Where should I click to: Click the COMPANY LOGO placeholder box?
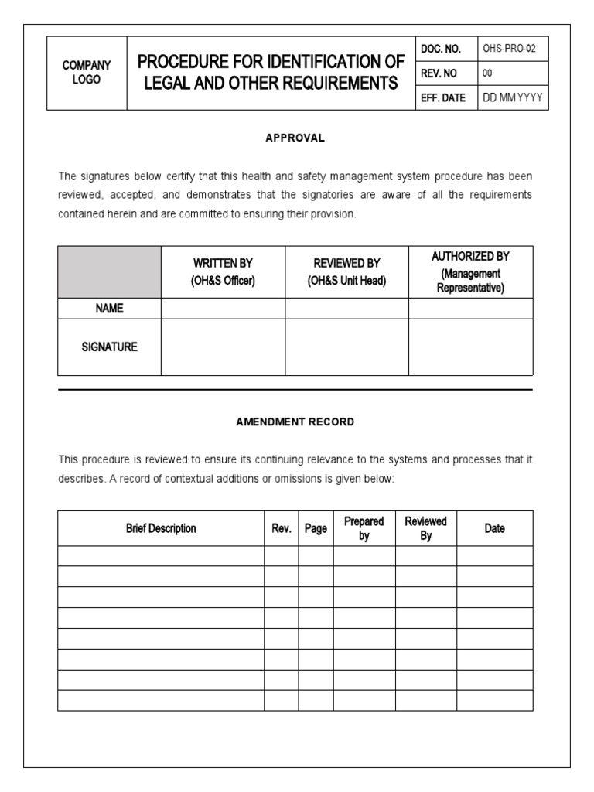coord(87,73)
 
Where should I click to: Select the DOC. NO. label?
coord(441,49)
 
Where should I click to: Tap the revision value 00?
coord(487,73)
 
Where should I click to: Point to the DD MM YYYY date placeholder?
coord(512,97)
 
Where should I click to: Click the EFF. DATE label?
coord(443,97)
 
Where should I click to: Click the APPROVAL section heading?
coord(295,138)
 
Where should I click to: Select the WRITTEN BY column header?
coord(223,272)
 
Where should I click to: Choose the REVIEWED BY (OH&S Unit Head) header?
coord(346,272)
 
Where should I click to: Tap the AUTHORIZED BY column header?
coord(470,272)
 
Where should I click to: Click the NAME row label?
coord(109,308)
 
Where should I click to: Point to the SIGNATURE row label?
coord(109,347)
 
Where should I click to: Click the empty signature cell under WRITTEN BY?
coord(223,347)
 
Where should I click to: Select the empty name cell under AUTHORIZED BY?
coord(470,308)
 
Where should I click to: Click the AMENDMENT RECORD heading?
coord(295,422)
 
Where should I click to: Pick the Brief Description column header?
coord(161,528)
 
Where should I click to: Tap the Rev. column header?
coord(281,529)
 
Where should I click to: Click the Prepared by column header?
coord(364,528)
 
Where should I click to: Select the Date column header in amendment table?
coord(494,528)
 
